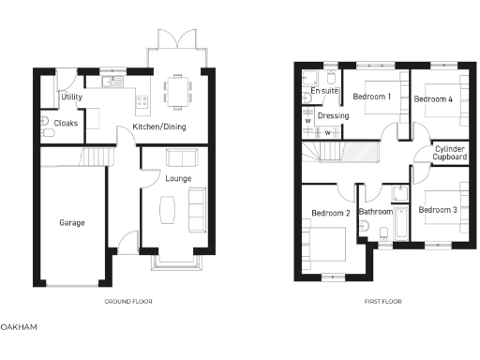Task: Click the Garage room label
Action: [x=72, y=223]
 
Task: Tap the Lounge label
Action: [x=178, y=177]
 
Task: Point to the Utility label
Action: [x=72, y=97]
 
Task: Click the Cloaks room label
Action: [x=66, y=123]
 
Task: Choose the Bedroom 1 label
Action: [x=371, y=97]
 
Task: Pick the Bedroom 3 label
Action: [x=437, y=210]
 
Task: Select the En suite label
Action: [x=324, y=91]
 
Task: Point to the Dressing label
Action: [x=334, y=116]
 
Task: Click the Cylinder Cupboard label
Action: [x=450, y=154]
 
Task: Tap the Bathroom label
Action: [x=376, y=212]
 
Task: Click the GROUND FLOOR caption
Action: [x=129, y=302]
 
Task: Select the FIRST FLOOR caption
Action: [x=382, y=302]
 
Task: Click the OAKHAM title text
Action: [x=19, y=327]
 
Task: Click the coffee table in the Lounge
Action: [x=166, y=209]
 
